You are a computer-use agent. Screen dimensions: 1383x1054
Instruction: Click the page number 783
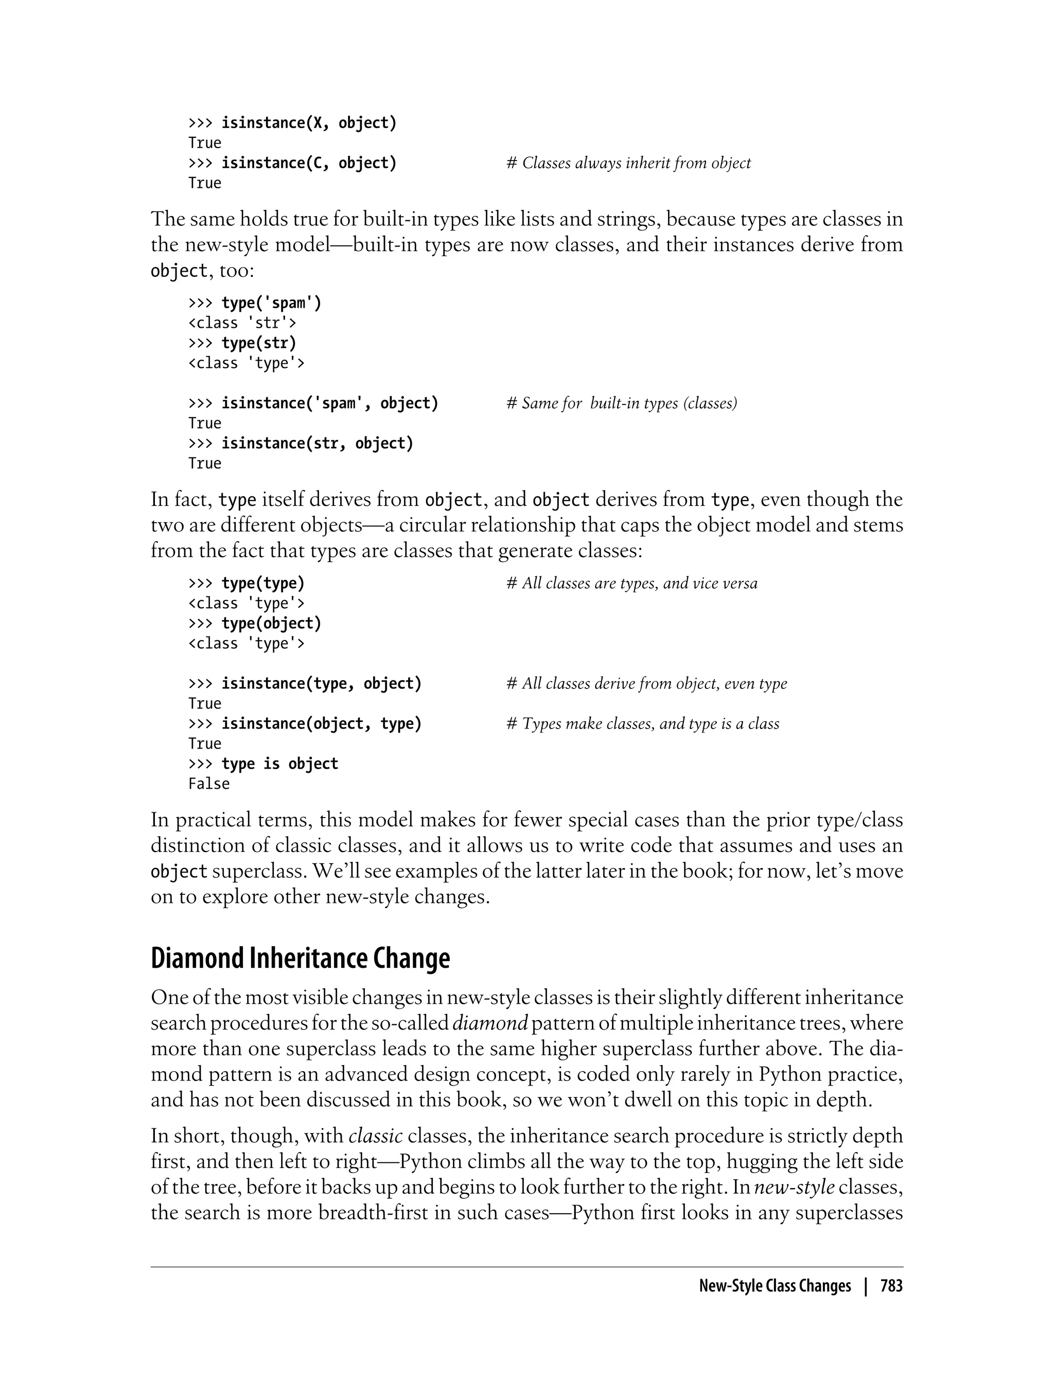891,1286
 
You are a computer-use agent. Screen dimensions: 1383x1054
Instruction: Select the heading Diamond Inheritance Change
300,959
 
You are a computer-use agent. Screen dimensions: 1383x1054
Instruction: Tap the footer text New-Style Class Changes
775,1286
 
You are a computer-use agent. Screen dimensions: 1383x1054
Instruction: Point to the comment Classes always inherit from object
628,163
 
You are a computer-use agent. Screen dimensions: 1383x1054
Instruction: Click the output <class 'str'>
242,323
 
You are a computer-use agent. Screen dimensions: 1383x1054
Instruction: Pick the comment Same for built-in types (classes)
621,403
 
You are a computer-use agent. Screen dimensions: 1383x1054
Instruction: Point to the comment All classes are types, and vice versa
632,583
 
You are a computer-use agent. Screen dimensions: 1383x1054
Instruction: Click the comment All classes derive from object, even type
646,684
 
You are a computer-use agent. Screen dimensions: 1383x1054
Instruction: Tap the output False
209,784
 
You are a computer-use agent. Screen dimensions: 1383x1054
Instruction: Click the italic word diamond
490,1023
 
